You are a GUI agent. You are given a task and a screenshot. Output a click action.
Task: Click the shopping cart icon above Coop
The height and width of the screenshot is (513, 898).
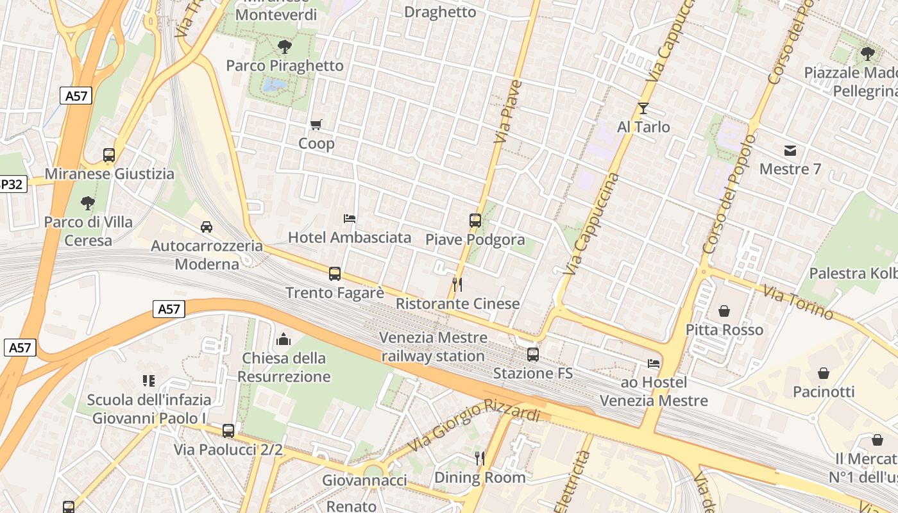click(x=316, y=124)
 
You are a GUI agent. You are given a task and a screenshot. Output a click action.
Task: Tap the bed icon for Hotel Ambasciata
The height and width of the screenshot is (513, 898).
click(x=350, y=219)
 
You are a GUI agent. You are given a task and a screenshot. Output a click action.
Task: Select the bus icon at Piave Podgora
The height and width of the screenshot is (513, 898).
click(x=475, y=221)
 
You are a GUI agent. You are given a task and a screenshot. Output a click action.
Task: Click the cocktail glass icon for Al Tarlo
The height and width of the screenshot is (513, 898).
click(x=643, y=108)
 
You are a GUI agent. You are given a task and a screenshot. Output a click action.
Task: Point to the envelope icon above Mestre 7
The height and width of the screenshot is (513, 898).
click(x=790, y=151)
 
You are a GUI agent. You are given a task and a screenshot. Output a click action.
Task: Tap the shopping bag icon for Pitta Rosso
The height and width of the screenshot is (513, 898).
click(x=724, y=311)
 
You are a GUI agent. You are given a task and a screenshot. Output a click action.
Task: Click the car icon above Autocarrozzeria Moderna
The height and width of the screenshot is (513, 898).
click(x=207, y=227)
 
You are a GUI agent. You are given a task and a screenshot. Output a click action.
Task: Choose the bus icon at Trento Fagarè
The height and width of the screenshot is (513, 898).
click(x=335, y=274)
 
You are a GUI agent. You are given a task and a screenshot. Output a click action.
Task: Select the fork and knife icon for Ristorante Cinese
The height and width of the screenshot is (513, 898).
click(x=457, y=284)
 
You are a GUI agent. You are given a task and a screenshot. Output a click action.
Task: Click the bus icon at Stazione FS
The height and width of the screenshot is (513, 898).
click(x=532, y=354)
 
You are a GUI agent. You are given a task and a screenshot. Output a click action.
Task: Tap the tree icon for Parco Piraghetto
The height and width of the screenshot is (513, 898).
click(x=285, y=46)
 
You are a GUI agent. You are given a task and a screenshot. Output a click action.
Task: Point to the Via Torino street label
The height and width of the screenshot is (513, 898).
click(x=799, y=302)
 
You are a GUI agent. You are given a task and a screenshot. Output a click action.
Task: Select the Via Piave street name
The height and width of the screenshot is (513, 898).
click(x=508, y=112)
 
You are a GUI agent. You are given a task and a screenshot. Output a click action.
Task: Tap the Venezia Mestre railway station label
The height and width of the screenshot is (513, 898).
click(x=434, y=346)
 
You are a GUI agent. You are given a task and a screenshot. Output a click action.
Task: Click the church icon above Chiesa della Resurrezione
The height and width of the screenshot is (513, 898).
click(x=284, y=339)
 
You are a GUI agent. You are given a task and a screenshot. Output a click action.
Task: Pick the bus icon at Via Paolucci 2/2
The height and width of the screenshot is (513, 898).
click(x=228, y=430)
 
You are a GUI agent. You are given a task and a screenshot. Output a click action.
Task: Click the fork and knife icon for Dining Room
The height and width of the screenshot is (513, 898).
click(x=479, y=458)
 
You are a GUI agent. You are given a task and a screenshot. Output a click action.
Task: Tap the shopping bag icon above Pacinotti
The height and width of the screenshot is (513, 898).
click(x=824, y=373)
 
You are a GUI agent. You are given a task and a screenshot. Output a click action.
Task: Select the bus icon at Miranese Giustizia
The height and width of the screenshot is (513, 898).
click(x=109, y=155)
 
